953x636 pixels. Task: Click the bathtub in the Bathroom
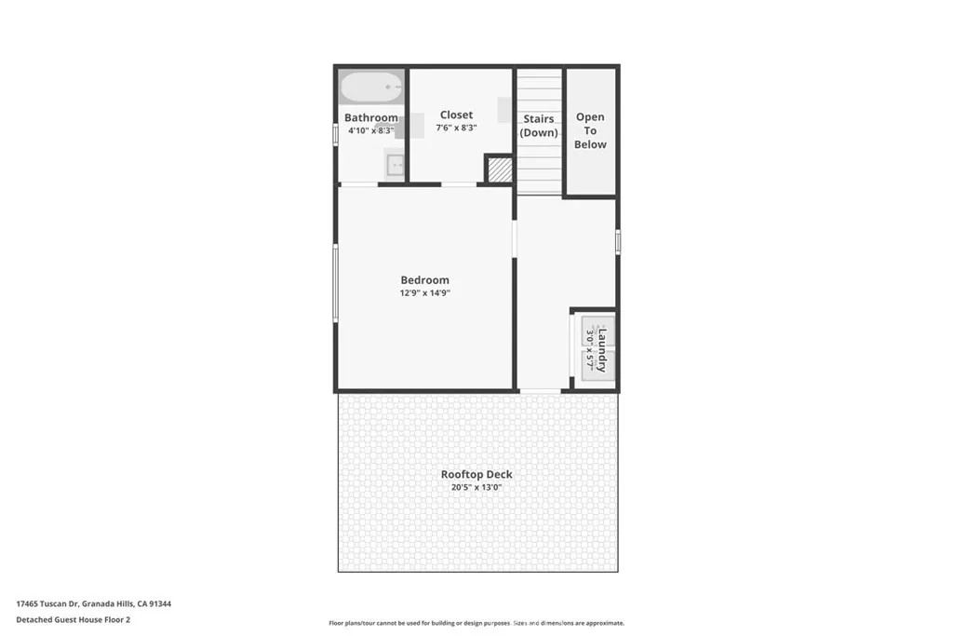[370, 87]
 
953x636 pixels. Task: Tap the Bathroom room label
[370, 117]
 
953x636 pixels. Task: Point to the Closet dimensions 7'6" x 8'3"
[456, 128]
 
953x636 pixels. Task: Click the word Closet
[456, 115]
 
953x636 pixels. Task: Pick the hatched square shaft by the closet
[500, 169]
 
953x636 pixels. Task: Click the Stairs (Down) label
[539, 126]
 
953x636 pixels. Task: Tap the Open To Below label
[590, 130]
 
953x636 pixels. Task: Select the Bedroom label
[424, 280]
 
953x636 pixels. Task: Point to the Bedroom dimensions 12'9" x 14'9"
[424, 293]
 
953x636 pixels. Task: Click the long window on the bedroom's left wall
[335, 283]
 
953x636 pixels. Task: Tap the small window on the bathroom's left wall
[335, 134]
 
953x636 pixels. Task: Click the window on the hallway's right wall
[618, 241]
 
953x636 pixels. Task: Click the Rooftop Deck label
[476, 474]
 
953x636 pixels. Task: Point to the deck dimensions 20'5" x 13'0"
[476, 487]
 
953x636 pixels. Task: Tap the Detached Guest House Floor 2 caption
[73, 619]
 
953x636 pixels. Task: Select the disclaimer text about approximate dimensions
[476, 623]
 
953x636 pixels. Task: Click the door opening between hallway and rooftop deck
[540, 391]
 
